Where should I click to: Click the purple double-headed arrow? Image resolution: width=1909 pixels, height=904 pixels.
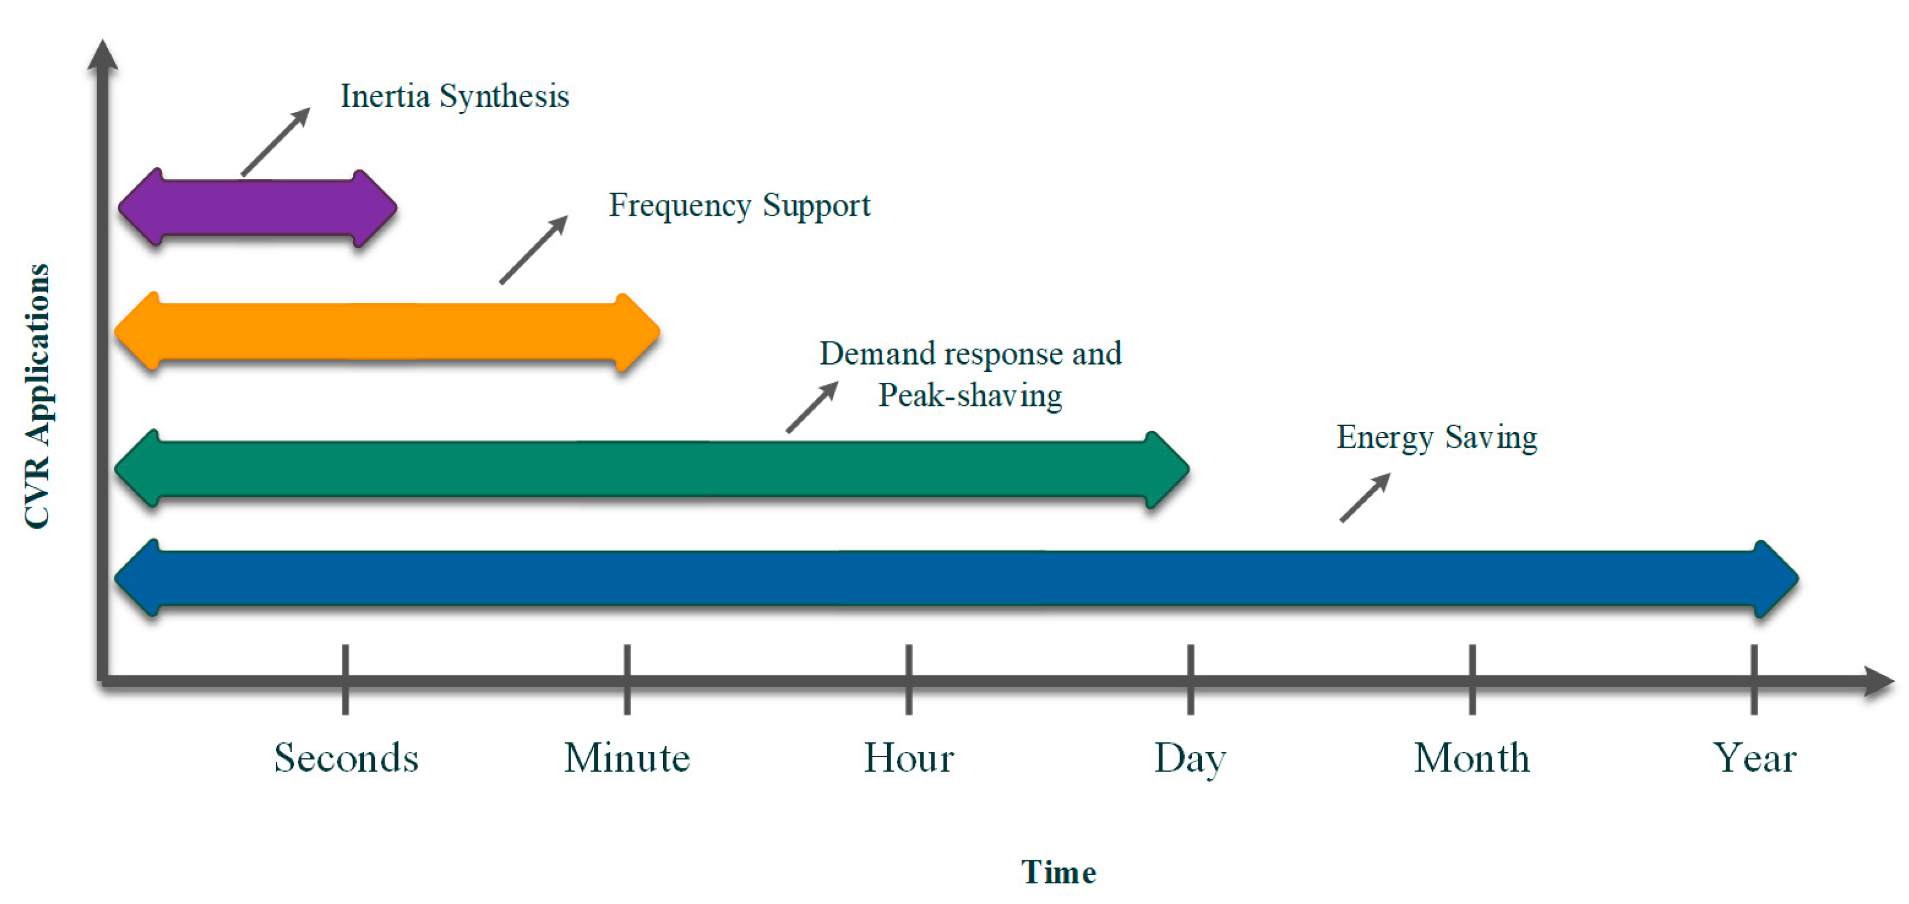[x=257, y=208]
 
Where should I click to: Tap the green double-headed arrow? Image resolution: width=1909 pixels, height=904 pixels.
[x=652, y=469]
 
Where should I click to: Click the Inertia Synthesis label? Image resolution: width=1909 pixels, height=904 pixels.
[x=454, y=97]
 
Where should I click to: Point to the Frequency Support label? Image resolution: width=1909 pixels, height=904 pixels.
[x=739, y=205]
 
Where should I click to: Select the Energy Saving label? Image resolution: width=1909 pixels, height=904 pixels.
[x=1436, y=437]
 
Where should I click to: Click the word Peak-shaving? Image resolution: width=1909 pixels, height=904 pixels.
[x=970, y=395]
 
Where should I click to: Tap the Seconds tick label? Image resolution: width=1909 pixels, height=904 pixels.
[x=346, y=758]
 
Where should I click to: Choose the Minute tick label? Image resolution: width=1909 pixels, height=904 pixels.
[x=627, y=758]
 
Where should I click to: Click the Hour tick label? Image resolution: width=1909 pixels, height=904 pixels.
[x=908, y=758]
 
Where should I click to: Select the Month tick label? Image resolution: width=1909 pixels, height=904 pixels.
[x=1472, y=758]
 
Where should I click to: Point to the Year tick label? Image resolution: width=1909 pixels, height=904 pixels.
[x=1754, y=758]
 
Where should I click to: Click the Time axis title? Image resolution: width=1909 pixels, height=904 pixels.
[x=1058, y=872]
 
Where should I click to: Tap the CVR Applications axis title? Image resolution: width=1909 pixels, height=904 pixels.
[x=37, y=397]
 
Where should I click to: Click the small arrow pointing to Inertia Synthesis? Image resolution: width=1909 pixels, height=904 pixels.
[x=276, y=142]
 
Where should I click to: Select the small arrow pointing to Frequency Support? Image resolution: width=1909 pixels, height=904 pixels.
[x=533, y=250]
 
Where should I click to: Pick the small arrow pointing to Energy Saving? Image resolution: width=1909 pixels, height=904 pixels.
[x=1365, y=498]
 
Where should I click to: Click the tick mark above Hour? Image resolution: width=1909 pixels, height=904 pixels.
[x=908, y=679]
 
